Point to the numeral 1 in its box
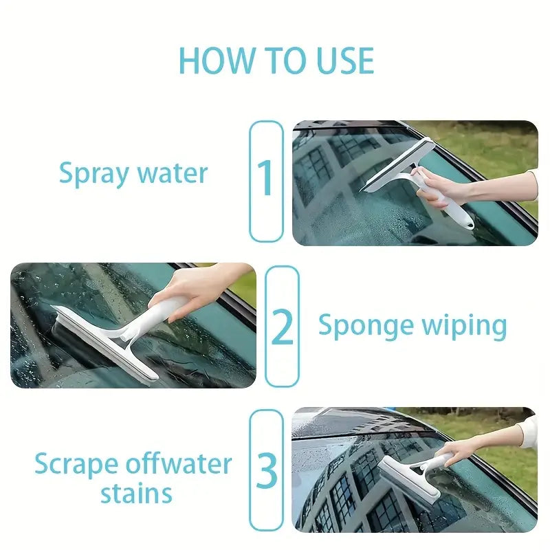point(266,180)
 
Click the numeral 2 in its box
point(282,327)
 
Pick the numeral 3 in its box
point(266,471)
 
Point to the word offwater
point(182,465)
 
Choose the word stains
point(136,494)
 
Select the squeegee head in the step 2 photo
point(103,340)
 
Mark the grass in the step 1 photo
point(495,148)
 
